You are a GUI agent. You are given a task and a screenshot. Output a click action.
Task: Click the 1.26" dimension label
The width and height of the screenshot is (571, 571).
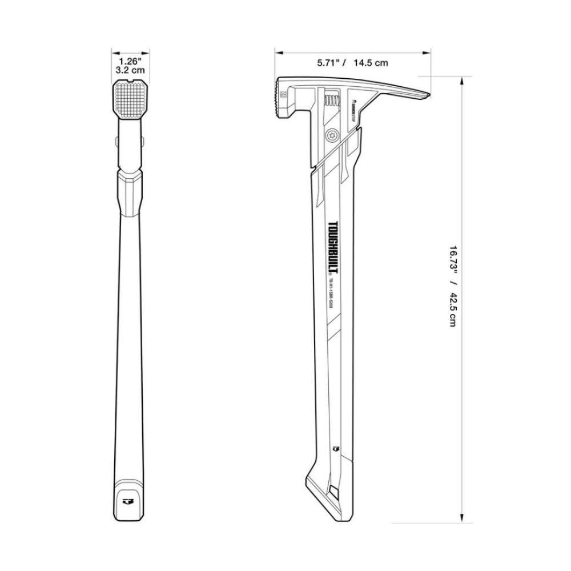pos(130,60)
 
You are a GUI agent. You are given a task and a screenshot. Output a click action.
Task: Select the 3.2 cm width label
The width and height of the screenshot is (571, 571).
pos(130,70)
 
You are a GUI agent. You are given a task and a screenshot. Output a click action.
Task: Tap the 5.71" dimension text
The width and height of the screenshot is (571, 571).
pos(329,63)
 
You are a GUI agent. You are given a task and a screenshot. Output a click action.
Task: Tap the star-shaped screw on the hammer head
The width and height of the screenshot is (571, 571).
pos(332,135)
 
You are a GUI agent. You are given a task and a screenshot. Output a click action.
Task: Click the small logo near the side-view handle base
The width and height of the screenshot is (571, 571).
pos(336,449)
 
